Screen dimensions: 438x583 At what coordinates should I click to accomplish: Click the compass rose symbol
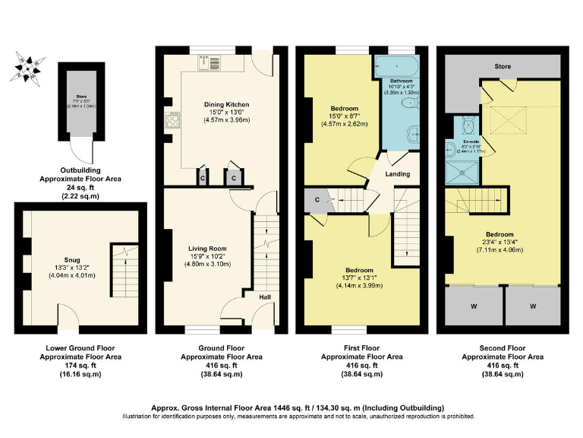[x=29, y=67]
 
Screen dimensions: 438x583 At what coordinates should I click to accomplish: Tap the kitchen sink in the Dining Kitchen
[x=213, y=62]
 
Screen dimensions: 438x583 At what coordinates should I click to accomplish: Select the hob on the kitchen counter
[x=171, y=121]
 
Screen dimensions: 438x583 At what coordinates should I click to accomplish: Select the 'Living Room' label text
[x=207, y=248]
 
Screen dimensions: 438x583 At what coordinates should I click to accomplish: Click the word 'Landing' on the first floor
[x=398, y=174]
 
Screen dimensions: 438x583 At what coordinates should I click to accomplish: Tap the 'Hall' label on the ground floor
[x=265, y=297]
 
